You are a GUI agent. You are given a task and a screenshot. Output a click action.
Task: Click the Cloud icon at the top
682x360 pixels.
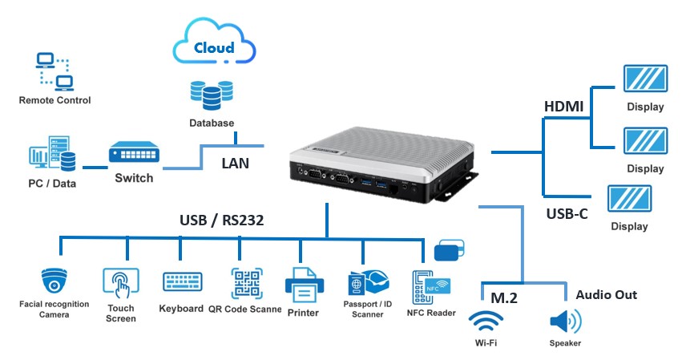[x=213, y=47]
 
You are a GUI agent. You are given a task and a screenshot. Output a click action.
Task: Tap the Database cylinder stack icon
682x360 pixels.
[x=212, y=95]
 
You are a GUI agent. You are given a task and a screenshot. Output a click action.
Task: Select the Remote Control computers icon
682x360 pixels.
[x=54, y=71]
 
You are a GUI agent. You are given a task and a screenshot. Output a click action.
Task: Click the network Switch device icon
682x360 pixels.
[x=133, y=152]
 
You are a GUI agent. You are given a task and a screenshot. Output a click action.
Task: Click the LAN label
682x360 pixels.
[x=236, y=164]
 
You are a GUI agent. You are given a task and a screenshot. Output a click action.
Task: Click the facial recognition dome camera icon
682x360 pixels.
[x=55, y=281]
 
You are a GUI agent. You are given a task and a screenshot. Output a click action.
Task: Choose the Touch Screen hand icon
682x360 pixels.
[x=121, y=282]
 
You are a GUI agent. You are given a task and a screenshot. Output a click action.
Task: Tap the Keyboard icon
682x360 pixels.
[x=182, y=282]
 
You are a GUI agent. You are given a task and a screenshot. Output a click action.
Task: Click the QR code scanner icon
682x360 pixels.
[x=247, y=283]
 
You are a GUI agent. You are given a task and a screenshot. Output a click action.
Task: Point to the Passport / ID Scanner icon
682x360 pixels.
[x=367, y=285]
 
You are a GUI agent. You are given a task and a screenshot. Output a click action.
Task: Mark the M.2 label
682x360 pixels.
[x=504, y=297]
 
